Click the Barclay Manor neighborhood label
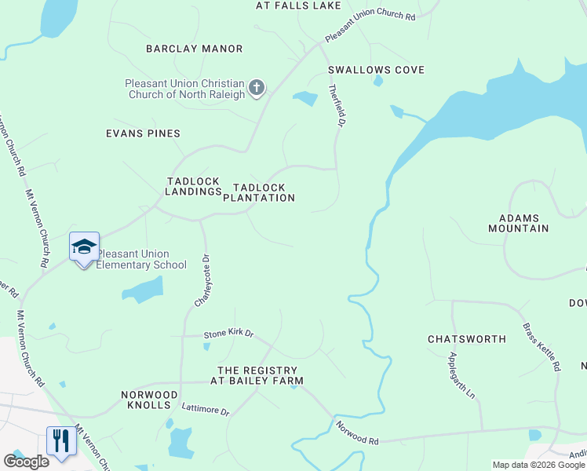click(195, 49)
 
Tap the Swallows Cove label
click(376, 70)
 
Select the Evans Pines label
click(143, 133)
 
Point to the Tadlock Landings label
click(194, 186)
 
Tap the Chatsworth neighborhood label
click(466, 339)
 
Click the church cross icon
click(257, 89)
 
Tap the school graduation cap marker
click(84, 246)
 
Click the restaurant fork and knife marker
click(60, 440)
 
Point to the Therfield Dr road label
click(337, 105)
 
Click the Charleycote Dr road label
click(203, 280)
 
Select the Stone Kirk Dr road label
click(229, 334)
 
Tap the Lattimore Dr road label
click(205, 410)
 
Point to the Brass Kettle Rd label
click(541, 346)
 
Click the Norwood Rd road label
click(357, 433)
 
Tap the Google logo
click(26, 462)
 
